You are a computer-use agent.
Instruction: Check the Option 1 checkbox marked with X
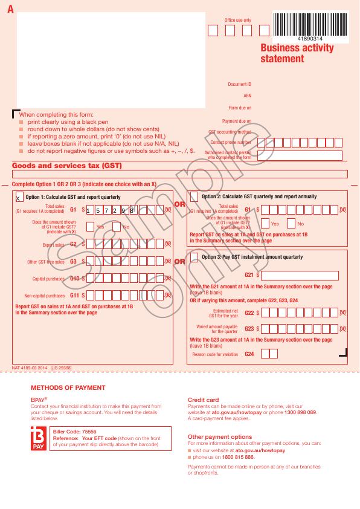[19, 197]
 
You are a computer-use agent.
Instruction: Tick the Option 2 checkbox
[194, 196]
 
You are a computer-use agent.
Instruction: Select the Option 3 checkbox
[194, 257]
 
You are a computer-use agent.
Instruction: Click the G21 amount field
[300, 276]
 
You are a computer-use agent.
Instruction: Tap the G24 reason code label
[249, 354]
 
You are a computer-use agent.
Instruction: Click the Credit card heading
[204, 400]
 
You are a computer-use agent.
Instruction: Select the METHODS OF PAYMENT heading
[68, 387]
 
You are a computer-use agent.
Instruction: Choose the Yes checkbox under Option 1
[90, 227]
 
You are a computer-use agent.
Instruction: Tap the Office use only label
[238, 20]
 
